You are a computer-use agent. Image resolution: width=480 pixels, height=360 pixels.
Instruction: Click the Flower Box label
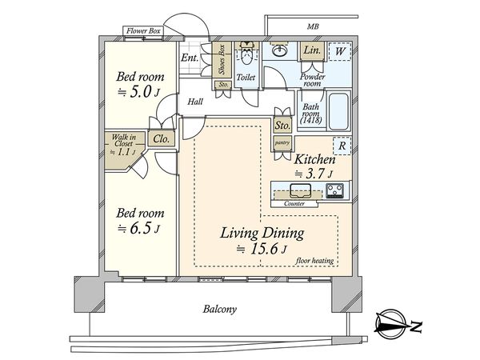[x=143, y=31]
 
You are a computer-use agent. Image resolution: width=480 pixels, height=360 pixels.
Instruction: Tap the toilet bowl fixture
[x=246, y=53]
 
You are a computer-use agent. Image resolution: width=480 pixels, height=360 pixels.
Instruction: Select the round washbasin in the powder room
[x=279, y=51]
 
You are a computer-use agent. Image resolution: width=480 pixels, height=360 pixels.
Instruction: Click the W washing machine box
[x=340, y=51]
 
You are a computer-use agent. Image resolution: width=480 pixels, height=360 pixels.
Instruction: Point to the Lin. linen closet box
[x=312, y=50]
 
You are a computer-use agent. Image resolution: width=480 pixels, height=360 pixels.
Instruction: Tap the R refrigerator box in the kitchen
[x=342, y=146]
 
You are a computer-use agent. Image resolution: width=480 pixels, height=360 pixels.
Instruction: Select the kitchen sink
[x=300, y=190]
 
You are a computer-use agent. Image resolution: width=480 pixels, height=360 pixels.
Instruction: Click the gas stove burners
[x=334, y=190]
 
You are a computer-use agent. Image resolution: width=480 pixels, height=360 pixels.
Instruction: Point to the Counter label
[x=294, y=203]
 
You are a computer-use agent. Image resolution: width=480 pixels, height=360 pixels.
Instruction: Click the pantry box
[x=282, y=143]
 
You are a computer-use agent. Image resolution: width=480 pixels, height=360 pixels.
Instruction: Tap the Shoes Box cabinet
[x=222, y=60]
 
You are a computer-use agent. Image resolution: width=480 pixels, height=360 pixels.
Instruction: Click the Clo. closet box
[x=162, y=139]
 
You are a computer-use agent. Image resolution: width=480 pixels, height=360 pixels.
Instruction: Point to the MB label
[x=313, y=26]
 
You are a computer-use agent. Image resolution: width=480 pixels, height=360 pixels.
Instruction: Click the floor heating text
[x=314, y=261]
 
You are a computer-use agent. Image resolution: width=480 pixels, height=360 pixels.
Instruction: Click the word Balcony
[x=220, y=309]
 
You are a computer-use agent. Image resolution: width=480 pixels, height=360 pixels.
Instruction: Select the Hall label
[x=195, y=102]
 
